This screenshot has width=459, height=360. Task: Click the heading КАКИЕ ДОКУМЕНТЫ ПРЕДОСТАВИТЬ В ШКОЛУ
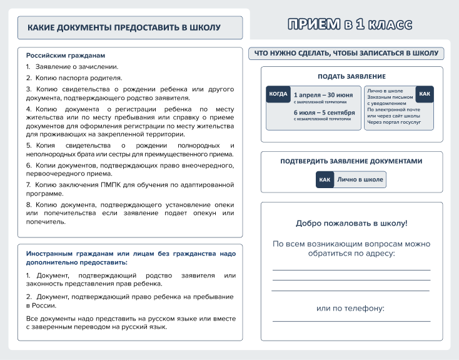[x=124, y=28]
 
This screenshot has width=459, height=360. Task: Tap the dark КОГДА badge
[x=278, y=94]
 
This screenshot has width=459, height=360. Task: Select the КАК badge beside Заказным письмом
[x=425, y=94]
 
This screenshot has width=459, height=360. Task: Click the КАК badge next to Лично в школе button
[x=325, y=179]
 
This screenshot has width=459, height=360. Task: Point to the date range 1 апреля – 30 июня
[x=323, y=95]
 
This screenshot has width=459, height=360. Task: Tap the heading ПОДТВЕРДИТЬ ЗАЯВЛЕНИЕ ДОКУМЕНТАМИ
[x=351, y=161]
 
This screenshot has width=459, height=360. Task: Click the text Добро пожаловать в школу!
[x=351, y=223]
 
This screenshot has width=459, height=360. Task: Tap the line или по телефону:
[x=350, y=308]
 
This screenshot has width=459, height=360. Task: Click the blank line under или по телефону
[x=351, y=321]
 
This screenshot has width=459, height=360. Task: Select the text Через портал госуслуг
[x=394, y=122]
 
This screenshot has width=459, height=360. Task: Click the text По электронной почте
[x=394, y=110]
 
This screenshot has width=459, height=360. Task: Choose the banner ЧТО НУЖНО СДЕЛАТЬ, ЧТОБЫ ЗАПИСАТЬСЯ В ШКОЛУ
[x=346, y=54]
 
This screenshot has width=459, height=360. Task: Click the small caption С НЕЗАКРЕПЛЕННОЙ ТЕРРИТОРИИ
[x=322, y=119]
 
